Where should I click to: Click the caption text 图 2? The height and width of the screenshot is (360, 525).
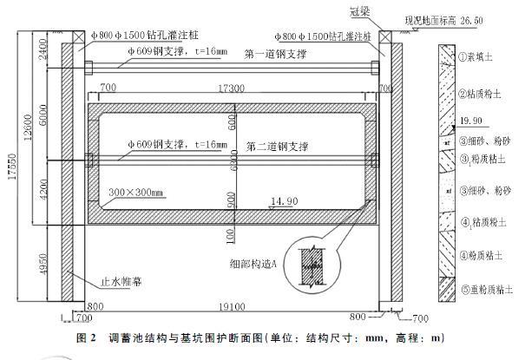tap(86, 336)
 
